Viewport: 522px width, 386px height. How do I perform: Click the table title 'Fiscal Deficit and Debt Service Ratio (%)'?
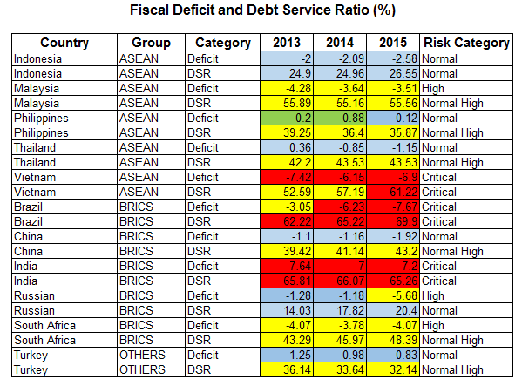[262, 10]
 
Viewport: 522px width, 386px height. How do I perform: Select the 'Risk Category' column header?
[466, 43]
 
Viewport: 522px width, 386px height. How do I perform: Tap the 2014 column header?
[340, 43]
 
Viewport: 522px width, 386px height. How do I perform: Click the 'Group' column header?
[151, 43]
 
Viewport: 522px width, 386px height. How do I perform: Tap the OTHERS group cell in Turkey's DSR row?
[142, 369]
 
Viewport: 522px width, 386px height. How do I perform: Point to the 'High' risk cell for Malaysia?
[433, 89]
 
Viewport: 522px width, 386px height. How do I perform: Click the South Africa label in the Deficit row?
[45, 325]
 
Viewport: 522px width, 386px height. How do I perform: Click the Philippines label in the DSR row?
[41, 133]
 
